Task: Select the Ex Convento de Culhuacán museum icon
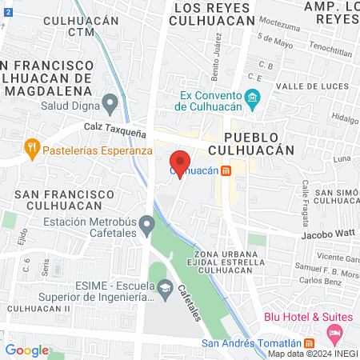tap(254, 100)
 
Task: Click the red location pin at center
tap(180, 158)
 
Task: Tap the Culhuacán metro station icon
tap(226, 170)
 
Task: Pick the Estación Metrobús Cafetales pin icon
tap(146, 223)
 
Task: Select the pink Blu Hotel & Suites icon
tap(336, 330)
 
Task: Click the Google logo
tap(26, 350)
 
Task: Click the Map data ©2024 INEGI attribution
tap(312, 354)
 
